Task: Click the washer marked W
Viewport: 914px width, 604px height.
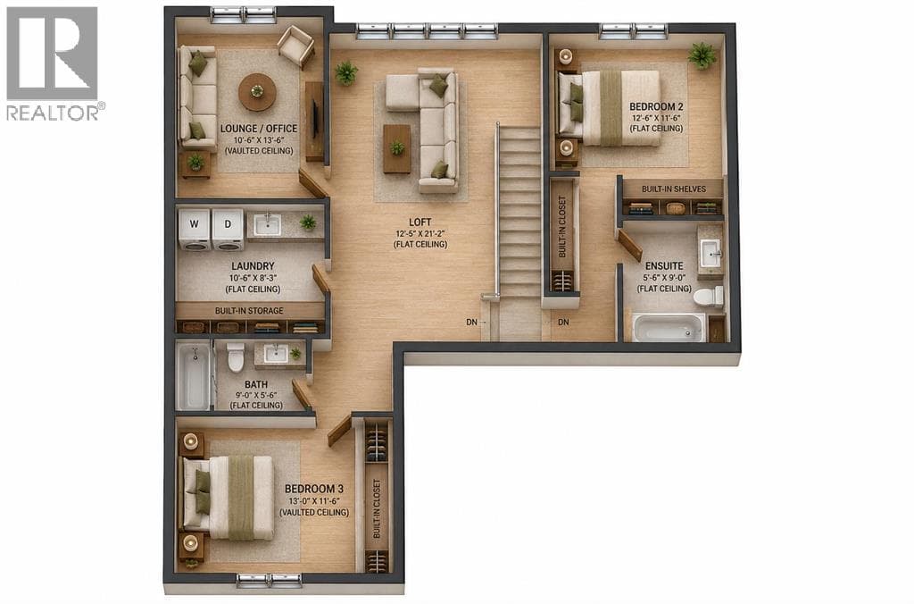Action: click(x=194, y=230)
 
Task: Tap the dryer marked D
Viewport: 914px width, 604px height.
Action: click(x=228, y=230)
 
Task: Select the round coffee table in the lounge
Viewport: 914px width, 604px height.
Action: click(x=257, y=92)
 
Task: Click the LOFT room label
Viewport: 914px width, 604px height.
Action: click(x=420, y=222)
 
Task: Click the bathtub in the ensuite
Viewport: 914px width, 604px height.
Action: click(x=669, y=327)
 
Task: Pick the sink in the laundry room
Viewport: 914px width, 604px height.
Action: click(x=268, y=224)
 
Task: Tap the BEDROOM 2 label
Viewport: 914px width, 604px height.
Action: click(x=656, y=107)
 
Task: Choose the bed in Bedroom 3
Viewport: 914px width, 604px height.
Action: click(x=228, y=497)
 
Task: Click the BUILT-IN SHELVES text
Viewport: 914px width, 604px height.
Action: click(x=673, y=189)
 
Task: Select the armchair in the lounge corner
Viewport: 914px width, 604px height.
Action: click(x=296, y=46)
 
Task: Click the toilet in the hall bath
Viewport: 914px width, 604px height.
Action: click(x=236, y=357)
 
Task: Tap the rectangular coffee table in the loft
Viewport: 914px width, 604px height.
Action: click(x=396, y=149)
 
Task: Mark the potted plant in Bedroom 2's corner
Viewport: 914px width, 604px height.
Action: click(x=702, y=56)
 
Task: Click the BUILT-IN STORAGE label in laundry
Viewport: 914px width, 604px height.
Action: click(x=249, y=311)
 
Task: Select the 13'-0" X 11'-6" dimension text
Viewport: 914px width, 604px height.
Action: click(x=313, y=500)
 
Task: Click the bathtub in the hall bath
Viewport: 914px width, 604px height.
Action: click(x=193, y=376)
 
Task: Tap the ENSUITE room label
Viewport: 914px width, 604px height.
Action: click(x=664, y=266)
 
